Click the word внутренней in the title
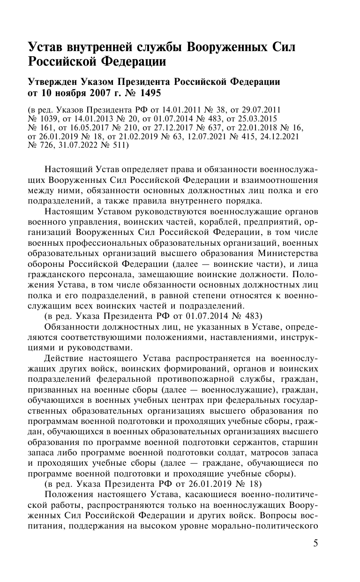pos(102,47)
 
